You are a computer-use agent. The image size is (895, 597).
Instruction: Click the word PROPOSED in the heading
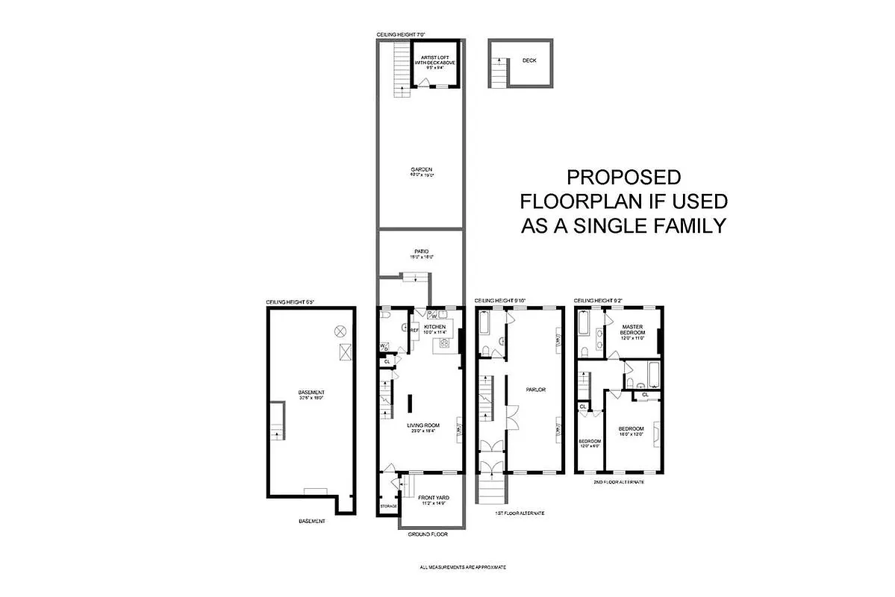623,178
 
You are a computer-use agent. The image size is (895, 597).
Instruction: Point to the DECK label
529,61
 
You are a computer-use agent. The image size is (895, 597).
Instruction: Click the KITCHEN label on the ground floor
434,327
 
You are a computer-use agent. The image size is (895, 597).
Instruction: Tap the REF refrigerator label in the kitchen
414,329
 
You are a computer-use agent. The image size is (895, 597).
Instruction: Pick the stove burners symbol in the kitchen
443,343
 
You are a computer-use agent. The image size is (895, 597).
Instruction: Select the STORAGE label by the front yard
388,506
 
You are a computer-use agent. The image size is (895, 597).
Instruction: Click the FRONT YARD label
433,498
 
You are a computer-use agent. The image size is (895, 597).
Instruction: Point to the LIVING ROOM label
421,425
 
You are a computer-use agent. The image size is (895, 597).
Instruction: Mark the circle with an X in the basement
340,331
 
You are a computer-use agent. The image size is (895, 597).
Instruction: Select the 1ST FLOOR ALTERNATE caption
520,513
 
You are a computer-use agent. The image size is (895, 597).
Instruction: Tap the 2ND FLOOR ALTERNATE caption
618,482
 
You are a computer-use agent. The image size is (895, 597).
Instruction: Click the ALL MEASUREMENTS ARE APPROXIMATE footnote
463,567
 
